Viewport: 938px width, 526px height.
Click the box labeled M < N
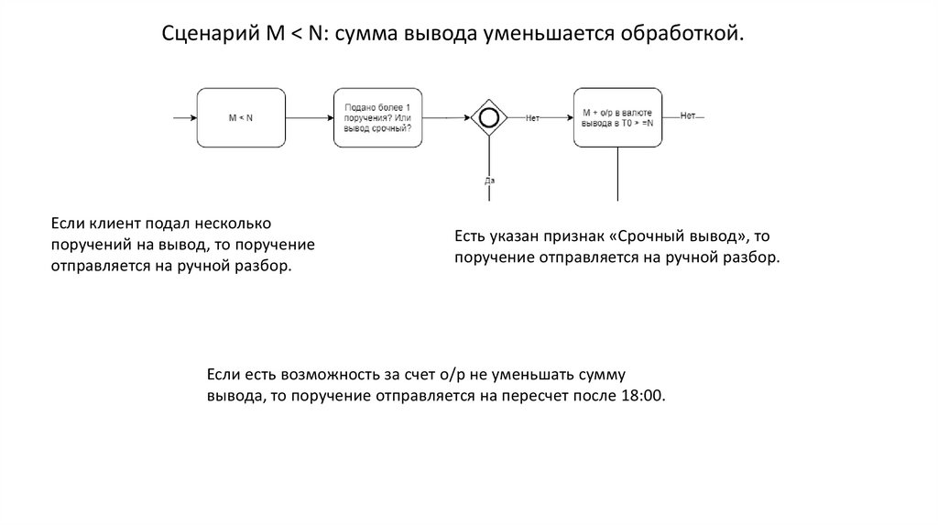point(240,117)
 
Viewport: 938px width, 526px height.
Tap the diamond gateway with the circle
point(489,117)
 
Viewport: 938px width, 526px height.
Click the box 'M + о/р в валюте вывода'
point(617,117)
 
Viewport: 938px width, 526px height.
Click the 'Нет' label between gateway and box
point(532,117)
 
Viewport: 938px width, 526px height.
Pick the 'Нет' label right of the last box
point(688,116)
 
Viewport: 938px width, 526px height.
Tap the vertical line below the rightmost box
point(617,173)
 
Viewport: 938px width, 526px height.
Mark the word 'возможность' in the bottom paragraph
point(313,375)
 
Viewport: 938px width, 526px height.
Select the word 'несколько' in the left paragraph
point(239,224)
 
